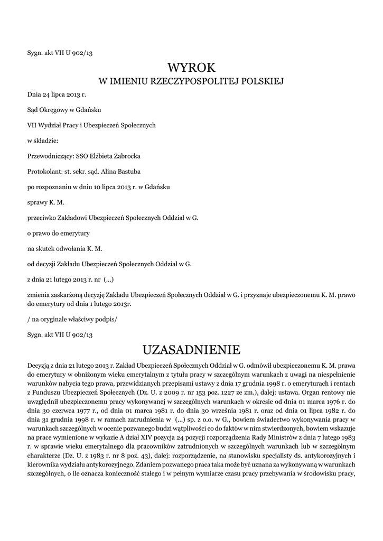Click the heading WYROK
191,68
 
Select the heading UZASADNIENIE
191,350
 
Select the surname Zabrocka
126,156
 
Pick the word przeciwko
42,217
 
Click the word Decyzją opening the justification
40,365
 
